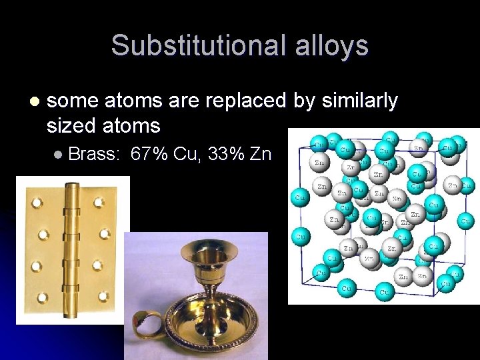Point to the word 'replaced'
pyautogui.click(x=251, y=101)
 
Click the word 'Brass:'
pyautogui.click(x=94, y=155)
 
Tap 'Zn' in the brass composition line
pyautogui.click(x=261, y=155)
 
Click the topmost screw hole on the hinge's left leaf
pyautogui.click(x=37, y=201)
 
